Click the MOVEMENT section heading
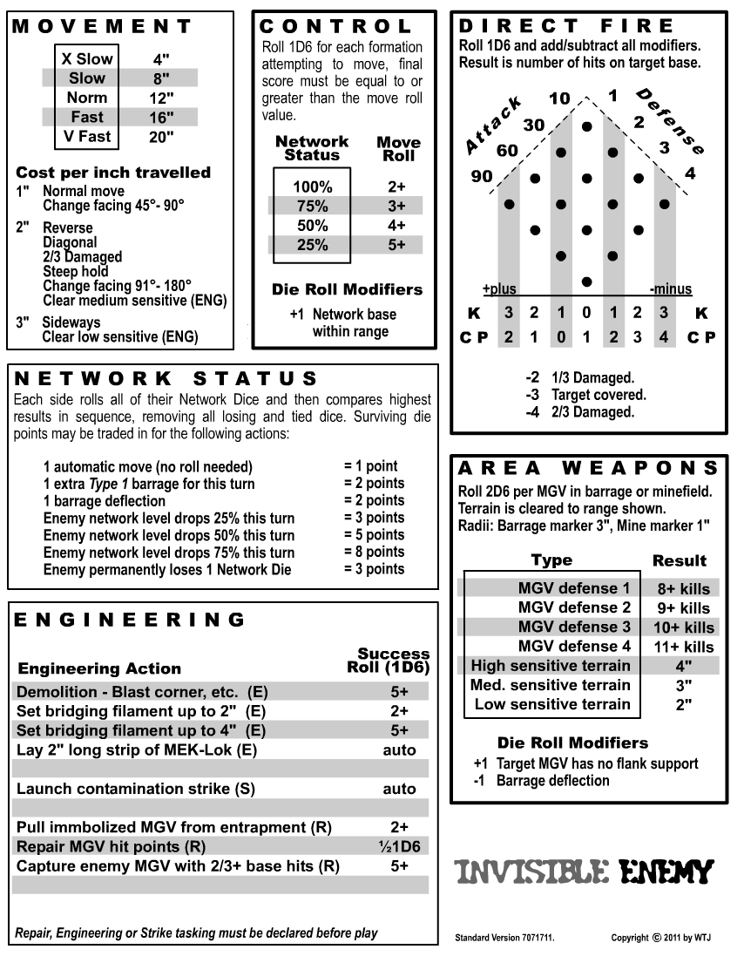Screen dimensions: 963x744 tap(91, 26)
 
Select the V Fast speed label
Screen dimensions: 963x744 tap(87, 136)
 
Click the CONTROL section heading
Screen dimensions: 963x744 tap(335, 26)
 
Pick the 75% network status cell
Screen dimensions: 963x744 tap(312, 206)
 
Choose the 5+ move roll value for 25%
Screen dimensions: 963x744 tap(396, 245)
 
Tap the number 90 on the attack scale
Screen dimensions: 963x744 tap(481, 176)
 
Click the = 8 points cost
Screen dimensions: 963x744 tap(374, 552)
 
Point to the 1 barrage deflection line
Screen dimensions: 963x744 tap(104, 501)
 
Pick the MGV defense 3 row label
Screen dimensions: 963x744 tap(573, 627)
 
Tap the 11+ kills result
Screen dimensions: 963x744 tap(684, 647)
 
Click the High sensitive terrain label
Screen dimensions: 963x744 tap(550, 666)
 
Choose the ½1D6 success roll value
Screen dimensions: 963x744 tap(398, 846)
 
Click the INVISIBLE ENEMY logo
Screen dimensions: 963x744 tap(585, 871)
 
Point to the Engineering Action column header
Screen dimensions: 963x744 tap(99, 668)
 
